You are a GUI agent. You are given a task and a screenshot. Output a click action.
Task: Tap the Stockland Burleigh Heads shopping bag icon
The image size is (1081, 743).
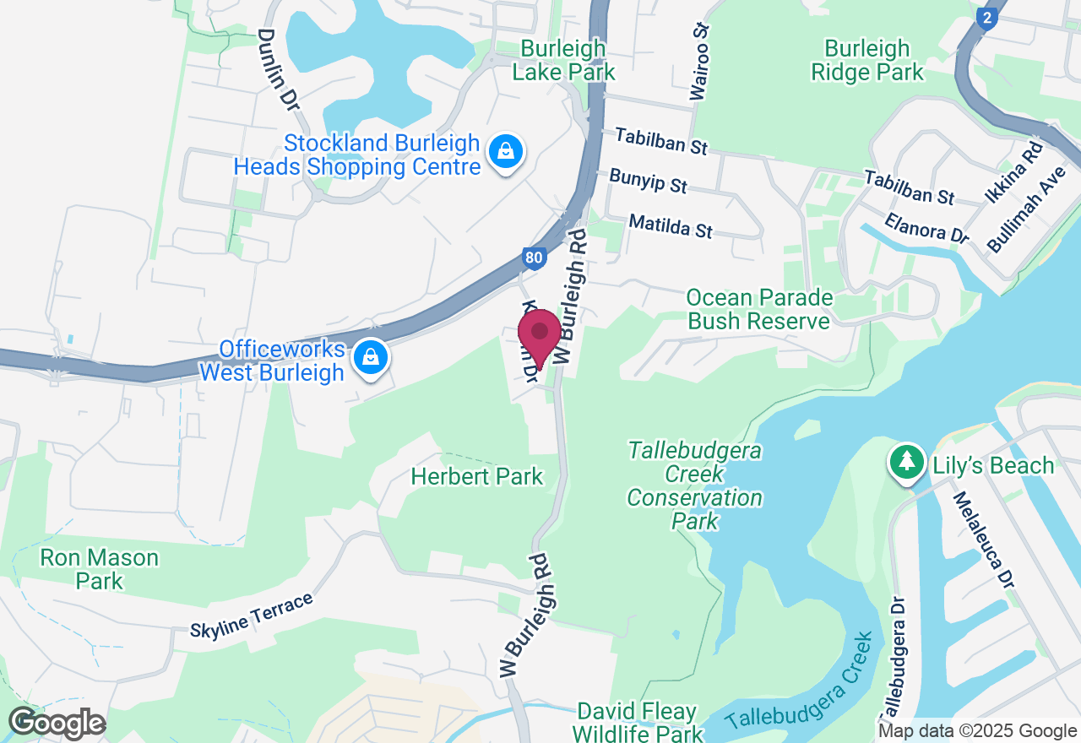(x=505, y=153)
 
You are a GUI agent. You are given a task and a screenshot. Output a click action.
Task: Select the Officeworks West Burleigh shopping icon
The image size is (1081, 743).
(x=371, y=358)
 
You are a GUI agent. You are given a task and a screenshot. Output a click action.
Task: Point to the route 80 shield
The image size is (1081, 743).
(x=533, y=258)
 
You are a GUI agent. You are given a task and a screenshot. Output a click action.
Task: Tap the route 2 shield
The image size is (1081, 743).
(x=986, y=19)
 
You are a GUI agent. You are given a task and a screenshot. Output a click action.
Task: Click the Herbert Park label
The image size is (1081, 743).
(x=477, y=477)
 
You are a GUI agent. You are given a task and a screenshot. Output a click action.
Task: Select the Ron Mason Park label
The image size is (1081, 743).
(x=100, y=569)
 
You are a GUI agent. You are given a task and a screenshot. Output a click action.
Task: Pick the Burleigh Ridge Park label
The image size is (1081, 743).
(x=867, y=60)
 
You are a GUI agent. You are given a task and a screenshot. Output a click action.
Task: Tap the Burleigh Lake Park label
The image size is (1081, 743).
(x=563, y=60)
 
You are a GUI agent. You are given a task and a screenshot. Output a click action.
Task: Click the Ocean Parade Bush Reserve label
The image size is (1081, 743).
(x=759, y=309)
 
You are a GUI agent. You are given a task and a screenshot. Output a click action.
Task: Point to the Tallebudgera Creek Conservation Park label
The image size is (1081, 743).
(x=694, y=485)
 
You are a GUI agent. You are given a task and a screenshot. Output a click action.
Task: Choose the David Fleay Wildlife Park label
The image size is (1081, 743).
(x=638, y=722)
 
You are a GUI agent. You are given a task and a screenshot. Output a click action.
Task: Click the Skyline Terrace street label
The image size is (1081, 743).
(x=251, y=616)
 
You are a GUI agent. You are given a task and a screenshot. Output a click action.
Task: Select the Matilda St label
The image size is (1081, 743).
(x=671, y=226)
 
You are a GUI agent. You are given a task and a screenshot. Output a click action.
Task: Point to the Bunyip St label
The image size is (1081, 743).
(x=649, y=181)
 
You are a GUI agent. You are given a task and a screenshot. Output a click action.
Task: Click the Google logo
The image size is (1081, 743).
(x=57, y=724)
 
